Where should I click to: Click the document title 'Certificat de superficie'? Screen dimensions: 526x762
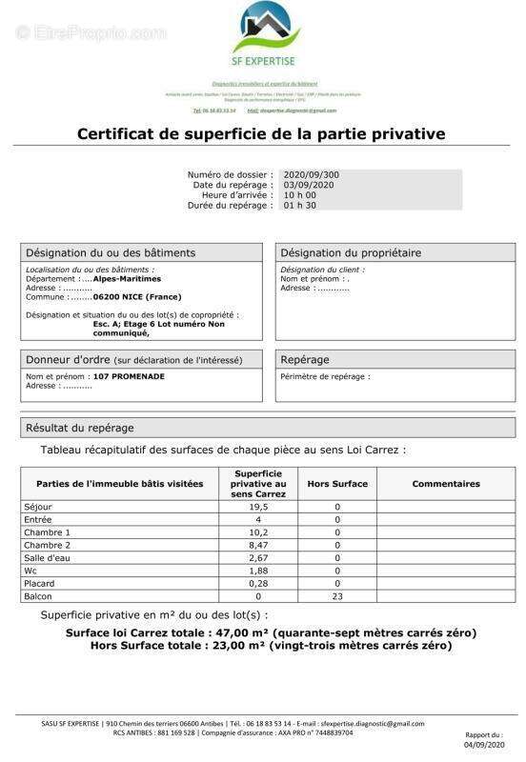261,134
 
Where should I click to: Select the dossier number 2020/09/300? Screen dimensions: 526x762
311,175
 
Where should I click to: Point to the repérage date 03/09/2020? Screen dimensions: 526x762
311,185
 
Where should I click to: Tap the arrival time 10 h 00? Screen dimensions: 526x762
301,195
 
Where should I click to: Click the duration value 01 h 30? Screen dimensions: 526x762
300,205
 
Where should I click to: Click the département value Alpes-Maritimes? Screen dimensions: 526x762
127,279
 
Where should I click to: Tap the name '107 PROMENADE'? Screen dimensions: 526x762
129,376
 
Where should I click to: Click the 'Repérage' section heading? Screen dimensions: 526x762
305,360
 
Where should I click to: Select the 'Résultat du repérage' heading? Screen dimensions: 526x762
80,428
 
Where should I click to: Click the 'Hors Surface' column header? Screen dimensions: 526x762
337,484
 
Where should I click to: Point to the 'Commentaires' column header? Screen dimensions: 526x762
446,484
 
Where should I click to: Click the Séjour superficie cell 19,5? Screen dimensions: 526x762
258,507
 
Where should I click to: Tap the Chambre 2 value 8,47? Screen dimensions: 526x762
258,545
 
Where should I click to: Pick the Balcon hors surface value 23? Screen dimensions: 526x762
337,596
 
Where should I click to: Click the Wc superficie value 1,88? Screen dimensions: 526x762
258,571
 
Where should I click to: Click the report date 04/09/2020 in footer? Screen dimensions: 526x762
483,746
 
